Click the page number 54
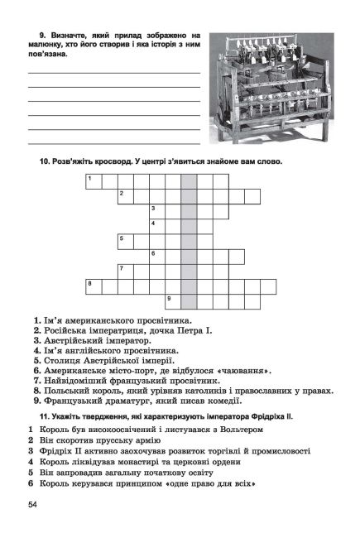[32, 505]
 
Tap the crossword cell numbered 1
[93, 180]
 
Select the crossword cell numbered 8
[93, 285]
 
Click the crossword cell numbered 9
[172, 300]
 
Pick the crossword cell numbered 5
[125, 240]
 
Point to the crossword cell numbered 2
[125, 195]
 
